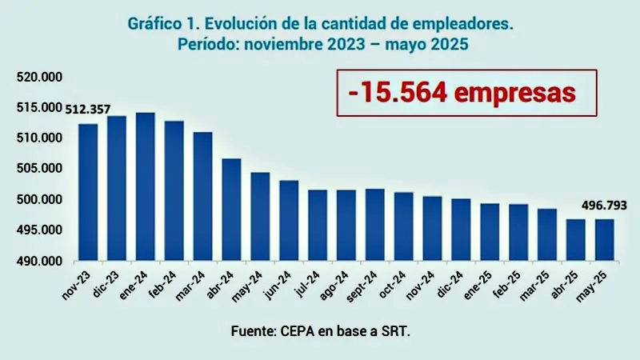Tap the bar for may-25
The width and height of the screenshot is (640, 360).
tap(605, 240)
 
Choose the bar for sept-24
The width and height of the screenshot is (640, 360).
tap(375, 225)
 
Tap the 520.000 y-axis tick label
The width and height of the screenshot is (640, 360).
tap(39, 77)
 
